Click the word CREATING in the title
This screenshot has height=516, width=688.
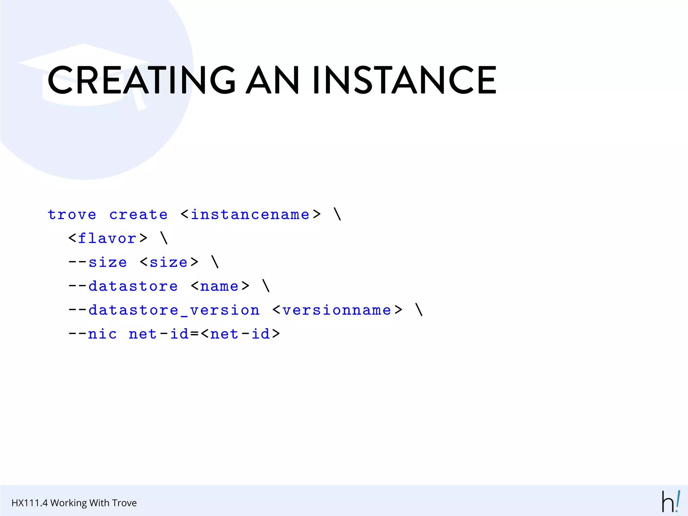[x=141, y=80]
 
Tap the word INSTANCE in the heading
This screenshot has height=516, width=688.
[x=404, y=80]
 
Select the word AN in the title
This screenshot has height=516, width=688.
[x=272, y=80]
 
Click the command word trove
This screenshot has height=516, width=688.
[x=72, y=215]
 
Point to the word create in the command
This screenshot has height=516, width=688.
[x=138, y=215]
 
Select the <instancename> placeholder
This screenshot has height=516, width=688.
[x=251, y=215]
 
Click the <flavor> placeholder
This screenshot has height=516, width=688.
[x=107, y=239]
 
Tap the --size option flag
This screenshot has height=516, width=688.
[x=98, y=262]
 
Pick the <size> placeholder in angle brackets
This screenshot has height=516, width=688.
[x=169, y=262]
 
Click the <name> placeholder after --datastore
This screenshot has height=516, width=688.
[x=220, y=286]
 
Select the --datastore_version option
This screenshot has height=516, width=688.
[x=164, y=310]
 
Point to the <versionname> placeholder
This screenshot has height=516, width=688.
[x=337, y=310]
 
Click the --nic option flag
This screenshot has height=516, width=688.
[x=93, y=334]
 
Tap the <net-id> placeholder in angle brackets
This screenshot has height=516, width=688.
[x=241, y=334]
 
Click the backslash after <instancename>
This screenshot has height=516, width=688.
[x=338, y=214]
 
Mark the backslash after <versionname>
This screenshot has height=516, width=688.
[x=419, y=309]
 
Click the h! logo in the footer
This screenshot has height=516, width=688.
[x=671, y=502]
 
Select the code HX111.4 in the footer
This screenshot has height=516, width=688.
[x=30, y=503]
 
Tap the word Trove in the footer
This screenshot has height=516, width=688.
[x=124, y=503]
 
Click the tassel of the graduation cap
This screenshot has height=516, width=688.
[x=139, y=101]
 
